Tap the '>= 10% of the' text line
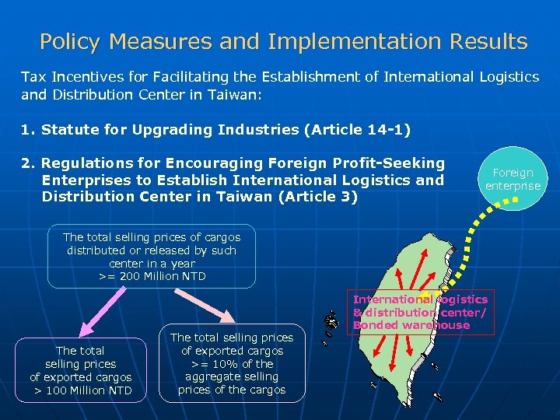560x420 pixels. pos(232,364)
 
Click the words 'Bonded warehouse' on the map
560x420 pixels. pos(411,325)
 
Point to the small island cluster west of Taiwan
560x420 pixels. pos(332,320)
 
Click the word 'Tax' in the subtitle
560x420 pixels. pos(33,77)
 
